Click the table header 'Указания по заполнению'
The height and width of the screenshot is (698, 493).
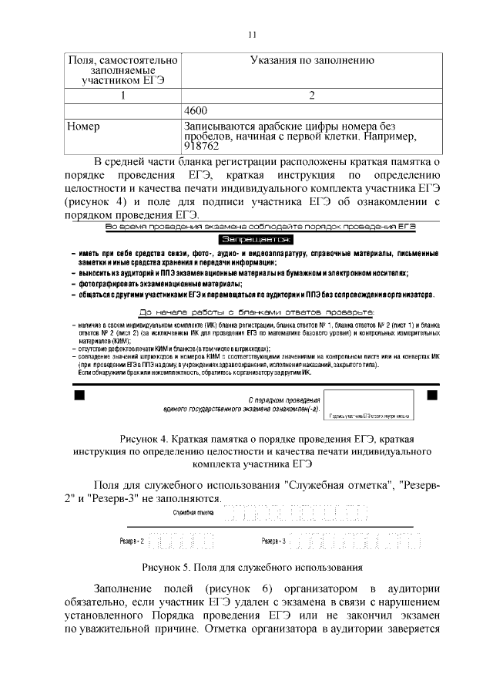(x=312, y=60)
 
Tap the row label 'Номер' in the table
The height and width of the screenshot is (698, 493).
(x=83, y=126)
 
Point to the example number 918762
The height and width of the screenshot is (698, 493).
(x=202, y=145)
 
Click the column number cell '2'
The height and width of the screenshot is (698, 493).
(x=312, y=96)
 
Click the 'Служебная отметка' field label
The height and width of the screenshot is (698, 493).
(x=193, y=511)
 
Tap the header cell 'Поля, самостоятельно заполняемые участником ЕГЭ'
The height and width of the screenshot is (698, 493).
(x=122, y=69)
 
